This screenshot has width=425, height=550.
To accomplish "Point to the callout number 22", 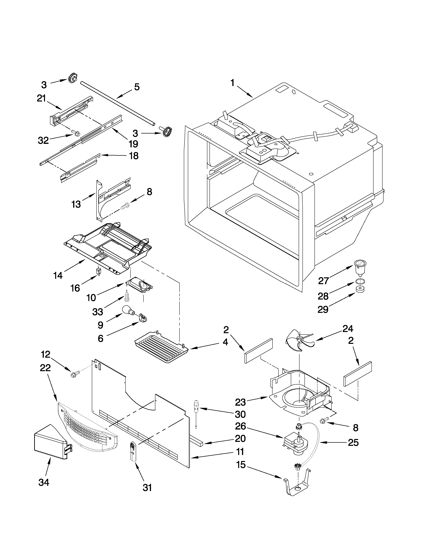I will click(x=45, y=368).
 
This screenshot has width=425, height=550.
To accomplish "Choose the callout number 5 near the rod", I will click(x=136, y=87).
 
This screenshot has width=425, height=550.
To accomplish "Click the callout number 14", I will click(x=58, y=275).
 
